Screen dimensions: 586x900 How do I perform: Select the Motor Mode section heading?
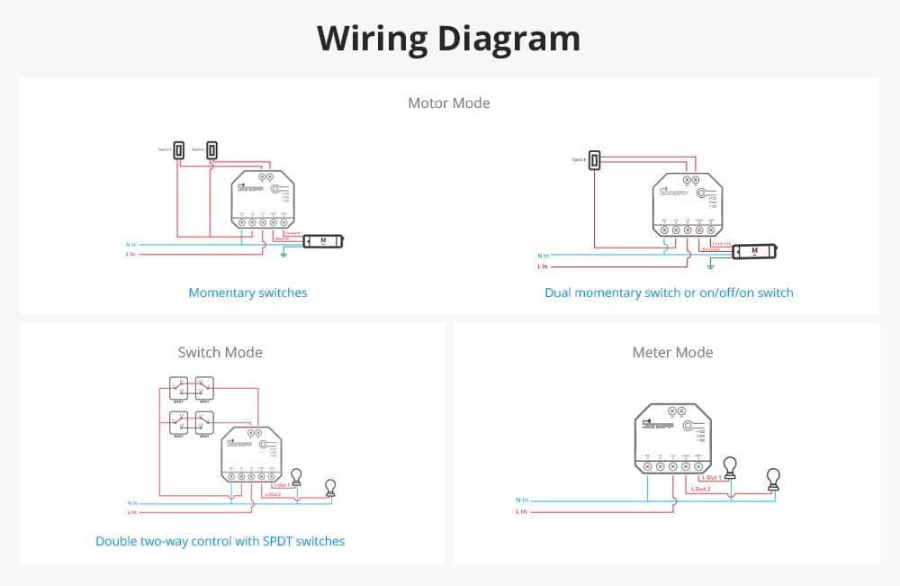point(449,103)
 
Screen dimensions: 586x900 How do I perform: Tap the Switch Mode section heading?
point(220,352)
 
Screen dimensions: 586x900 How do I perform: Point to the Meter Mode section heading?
point(672,352)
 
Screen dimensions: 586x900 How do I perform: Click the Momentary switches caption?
point(247,293)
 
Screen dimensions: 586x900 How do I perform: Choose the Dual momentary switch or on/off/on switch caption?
point(669,293)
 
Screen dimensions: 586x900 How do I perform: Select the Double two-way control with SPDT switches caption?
point(220,541)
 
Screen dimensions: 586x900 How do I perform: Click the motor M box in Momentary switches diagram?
point(323,241)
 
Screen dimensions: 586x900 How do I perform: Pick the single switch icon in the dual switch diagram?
point(595,160)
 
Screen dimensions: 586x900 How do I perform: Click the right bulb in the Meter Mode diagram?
point(772,478)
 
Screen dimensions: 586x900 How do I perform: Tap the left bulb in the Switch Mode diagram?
point(296,477)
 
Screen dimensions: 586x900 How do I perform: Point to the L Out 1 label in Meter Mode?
point(712,477)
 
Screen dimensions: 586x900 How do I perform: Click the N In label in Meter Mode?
point(522,500)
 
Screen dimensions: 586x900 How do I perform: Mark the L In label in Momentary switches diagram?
point(131,255)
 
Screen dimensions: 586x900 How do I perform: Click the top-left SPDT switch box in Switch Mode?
point(180,388)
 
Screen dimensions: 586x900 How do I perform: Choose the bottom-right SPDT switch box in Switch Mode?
point(205,421)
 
